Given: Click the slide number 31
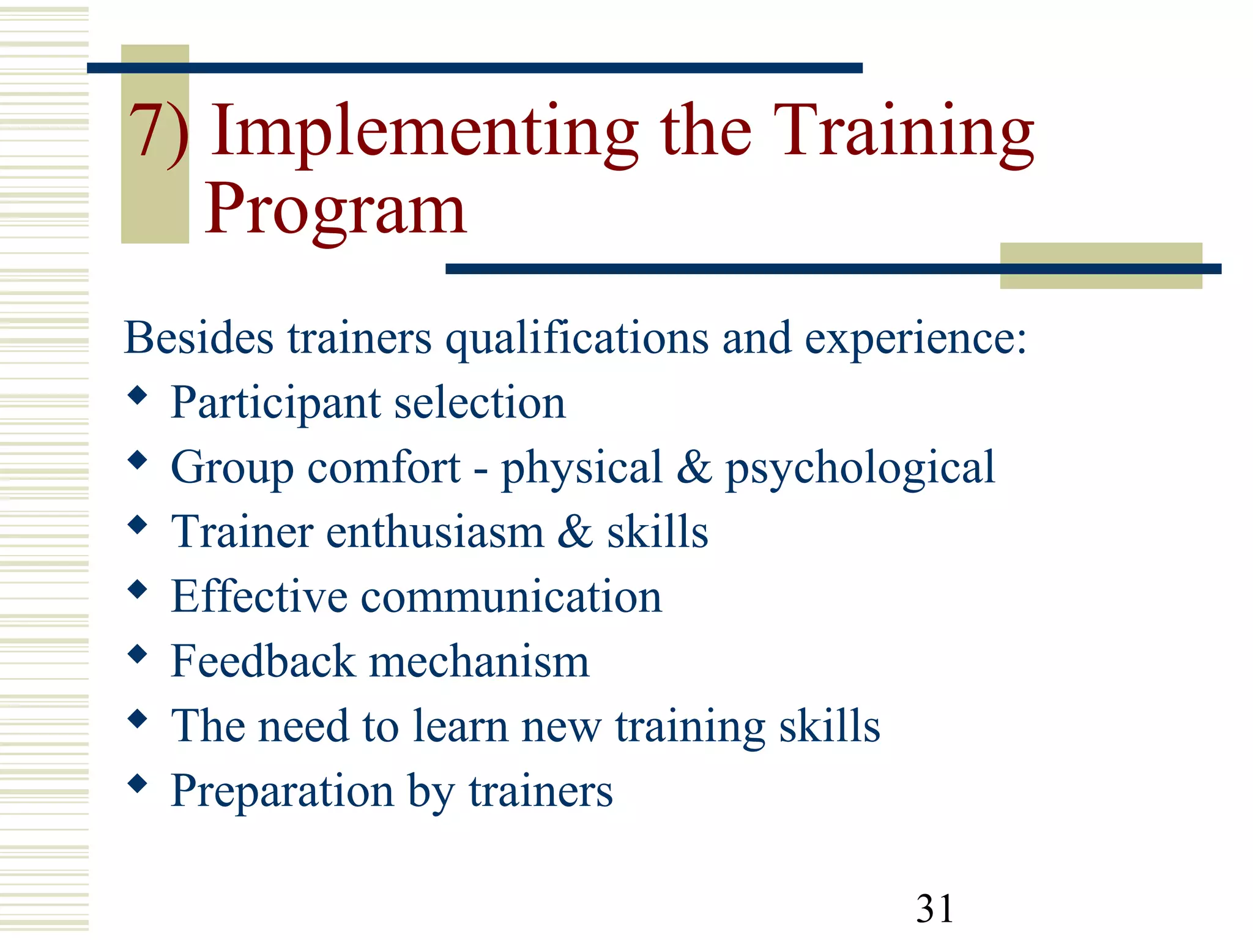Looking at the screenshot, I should click(934, 908).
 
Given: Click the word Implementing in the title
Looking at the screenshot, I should click(425, 132).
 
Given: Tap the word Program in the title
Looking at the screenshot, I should click(335, 209).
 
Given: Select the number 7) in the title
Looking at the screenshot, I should click(158, 131).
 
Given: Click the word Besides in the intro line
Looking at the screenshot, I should click(198, 338).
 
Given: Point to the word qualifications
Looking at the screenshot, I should click(577, 339).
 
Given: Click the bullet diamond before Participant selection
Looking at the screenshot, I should click(138, 395).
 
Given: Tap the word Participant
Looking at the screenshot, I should click(276, 403).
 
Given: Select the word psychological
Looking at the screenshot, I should click(860, 468).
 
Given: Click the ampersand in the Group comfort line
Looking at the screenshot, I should click(694, 467).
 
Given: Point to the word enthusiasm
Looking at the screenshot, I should click(435, 532).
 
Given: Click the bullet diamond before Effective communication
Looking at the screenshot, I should click(138, 589).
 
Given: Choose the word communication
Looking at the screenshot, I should click(511, 597).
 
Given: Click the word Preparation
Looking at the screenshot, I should click(282, 791).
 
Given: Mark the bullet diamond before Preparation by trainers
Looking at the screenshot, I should click(138, 783).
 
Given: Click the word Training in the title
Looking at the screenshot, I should click(903, 132).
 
